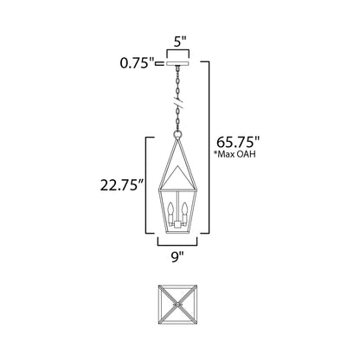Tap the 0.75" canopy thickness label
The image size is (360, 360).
(x=138, y=63)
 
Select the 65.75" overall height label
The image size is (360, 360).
(x=238, y=142)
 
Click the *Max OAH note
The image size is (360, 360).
(x=235, y=154)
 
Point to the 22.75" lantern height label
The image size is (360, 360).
(x=122, y=185)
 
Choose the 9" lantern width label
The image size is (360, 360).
(x=177, y=256)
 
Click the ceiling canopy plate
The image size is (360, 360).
(x=178, y=63)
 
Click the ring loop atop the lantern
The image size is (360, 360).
(x=177, y=135)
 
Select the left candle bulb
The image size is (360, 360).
(x=170, y=209)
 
